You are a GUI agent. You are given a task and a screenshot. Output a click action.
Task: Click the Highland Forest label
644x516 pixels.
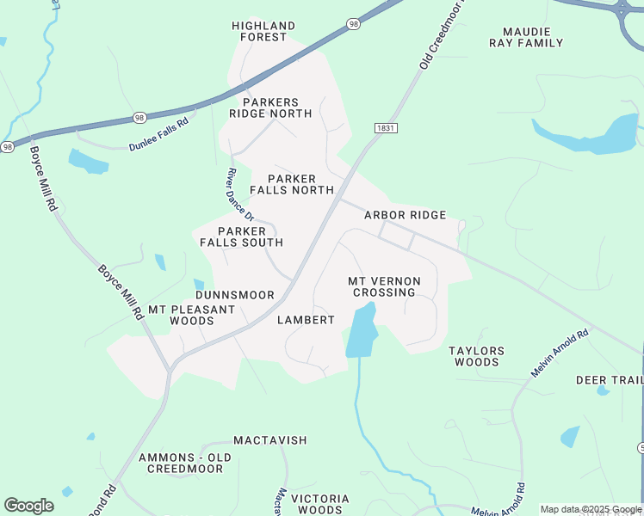click(x=263, y=32)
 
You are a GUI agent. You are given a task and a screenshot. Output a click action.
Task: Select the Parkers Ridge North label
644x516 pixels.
click(x=269, y=107)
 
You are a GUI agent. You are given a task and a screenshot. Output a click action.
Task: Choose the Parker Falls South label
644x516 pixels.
click(x=241, y=236)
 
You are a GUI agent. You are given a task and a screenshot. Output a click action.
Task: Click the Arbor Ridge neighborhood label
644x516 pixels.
click(x=405, y=215)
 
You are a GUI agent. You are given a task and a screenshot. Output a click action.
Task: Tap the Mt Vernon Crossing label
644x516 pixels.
click(x=384, y=286)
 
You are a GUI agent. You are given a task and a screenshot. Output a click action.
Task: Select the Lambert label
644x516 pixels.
click(x=306, y=320)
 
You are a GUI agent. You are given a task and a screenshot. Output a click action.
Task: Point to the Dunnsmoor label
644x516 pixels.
click(x=234, y=295)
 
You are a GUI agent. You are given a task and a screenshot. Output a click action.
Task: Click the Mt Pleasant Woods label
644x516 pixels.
click(x=191, y=315)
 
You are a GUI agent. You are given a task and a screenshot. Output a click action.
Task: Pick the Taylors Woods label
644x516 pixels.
click(x=476, y=356)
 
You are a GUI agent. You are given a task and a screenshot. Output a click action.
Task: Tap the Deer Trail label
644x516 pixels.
click(x=610, y=380)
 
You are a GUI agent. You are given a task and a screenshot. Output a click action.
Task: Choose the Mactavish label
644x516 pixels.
click(x=269, y=440)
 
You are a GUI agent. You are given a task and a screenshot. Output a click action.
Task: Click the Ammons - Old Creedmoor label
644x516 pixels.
click(x=184, y=463)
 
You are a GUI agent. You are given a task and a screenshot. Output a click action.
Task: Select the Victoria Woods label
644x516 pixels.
click(x=319, y=504)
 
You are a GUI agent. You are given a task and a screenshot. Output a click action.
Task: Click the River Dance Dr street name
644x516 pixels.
click(x=239, y=193)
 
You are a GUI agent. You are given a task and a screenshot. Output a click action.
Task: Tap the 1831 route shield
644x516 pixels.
click(x=387, y=127)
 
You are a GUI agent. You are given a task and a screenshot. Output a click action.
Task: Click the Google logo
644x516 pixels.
click(x=28, y=506)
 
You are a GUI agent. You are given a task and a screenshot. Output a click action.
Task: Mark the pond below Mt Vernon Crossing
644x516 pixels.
click(x=362, y=331)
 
